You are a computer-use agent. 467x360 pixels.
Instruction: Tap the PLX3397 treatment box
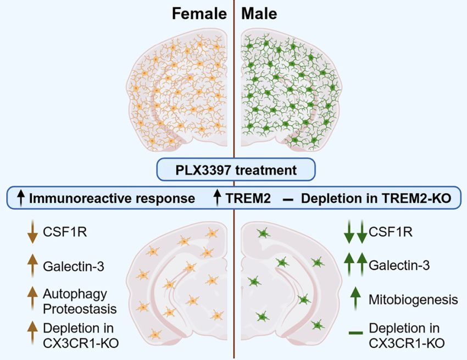click(236, 170)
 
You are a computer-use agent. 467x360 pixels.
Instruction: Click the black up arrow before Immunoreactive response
click(21, 197)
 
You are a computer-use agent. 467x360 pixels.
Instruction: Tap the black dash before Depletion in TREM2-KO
click(287, 198)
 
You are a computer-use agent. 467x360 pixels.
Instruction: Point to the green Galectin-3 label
click(399, 267)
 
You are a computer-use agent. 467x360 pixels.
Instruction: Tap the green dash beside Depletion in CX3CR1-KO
click(356, 333)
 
